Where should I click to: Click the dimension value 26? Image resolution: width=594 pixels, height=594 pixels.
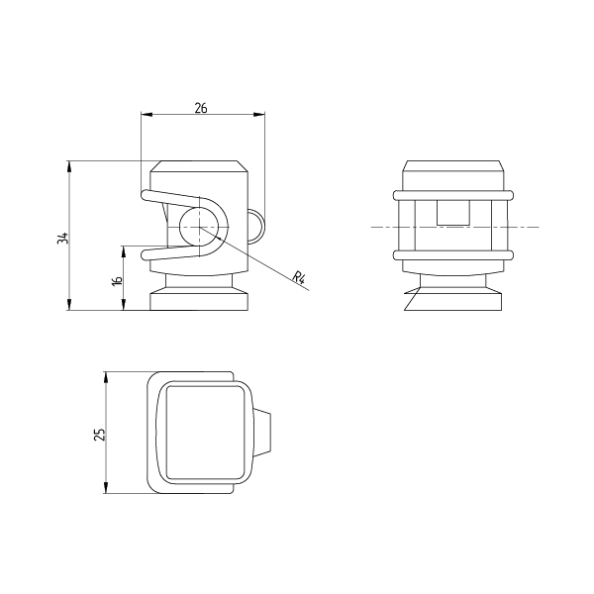point(201,108)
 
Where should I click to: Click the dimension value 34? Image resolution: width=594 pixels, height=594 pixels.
point(63,238)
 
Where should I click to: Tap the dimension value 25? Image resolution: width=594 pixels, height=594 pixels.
point(99,435)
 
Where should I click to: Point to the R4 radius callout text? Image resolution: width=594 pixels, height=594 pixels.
point(299,277)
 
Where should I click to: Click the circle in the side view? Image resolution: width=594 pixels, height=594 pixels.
point(199,227)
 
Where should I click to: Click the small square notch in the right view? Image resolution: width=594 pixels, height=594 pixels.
point(453,212)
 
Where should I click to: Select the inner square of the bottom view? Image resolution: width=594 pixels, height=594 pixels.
point(205,433)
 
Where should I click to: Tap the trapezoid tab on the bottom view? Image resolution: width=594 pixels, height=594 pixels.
point(261,433)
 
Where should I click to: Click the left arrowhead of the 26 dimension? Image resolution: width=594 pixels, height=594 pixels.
point(147,114)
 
